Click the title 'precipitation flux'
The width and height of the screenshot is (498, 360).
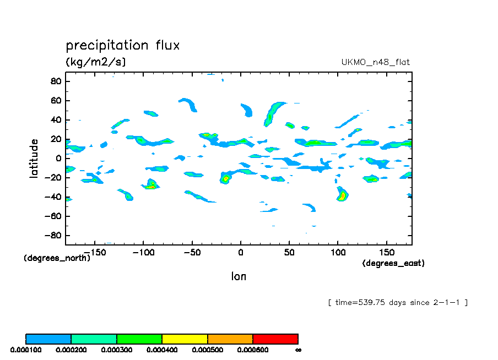pyautogui.click(x=122, y=45)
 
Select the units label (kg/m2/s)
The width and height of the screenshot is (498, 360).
pyautogui.click(x=96, y=62)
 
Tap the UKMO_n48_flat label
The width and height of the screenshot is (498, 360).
pyautogui.click(x=376, y=62)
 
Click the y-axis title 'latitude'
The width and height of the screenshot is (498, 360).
pyautogui.click(x=34, y=158)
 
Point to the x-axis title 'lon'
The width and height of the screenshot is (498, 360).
pyautogui.click(x=239, y=276)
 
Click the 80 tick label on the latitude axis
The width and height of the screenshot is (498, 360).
pyautogui.click(x=55, y=81)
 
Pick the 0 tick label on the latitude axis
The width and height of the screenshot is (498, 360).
pyautogui.click(x=58, y=159)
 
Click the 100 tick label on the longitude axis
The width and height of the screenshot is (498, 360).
pyautogui.click(x=338, y=252)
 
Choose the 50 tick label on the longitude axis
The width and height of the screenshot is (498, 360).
pyautogui.click(x=289, y=252)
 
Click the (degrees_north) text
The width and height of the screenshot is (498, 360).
pyautogui.click(x=57, y=258)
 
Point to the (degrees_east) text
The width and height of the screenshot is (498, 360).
pyautogui.click(x=393, y=263)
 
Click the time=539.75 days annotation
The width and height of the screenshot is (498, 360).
pyautogui.click(x=397, y=302)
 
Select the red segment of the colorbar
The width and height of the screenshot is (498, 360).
pyautogui.click(x=275, y=339)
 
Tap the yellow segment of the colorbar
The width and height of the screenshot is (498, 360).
pyautogui.click(x=185, y=339)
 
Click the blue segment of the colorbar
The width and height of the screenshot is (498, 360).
pyautogui.click(x=48, y=339)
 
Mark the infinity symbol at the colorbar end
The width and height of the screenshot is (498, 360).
pyautogui.click(x=298, y=350)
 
